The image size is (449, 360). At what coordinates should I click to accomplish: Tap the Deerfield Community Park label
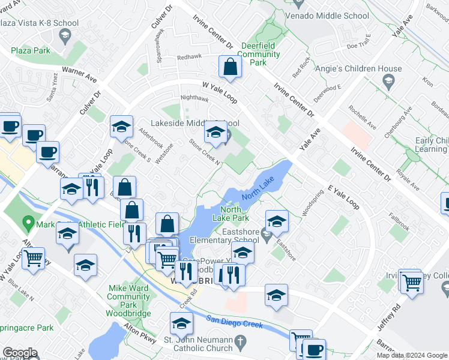coord(261,54)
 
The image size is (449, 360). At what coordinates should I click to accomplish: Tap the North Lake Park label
coord(231,214)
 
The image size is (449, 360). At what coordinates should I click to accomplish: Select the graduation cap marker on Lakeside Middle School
coord(215,134)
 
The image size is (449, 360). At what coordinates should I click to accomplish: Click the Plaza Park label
coord(29,51)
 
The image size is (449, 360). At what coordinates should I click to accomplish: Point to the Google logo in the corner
coord(20,353)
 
